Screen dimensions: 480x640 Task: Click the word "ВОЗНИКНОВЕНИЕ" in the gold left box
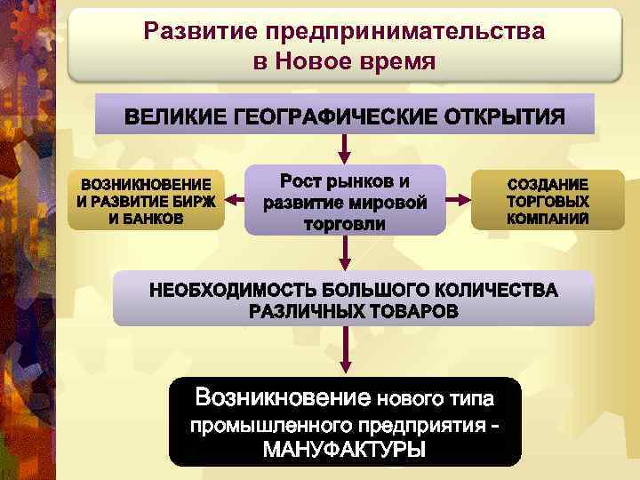point(147,184)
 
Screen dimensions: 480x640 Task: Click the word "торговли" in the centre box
point(345,223)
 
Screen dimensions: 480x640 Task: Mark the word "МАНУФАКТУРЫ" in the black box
point(345,448)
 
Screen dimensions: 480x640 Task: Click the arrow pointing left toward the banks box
point(236,200)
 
